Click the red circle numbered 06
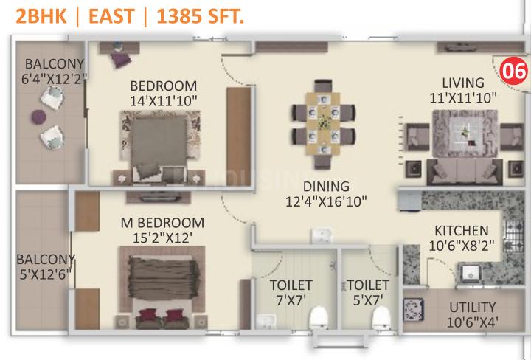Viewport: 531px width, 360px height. coord(513,71)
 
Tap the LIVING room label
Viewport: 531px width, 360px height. coord(463,83)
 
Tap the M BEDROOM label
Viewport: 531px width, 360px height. coord(162,223)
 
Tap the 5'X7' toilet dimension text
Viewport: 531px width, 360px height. coord(368,300)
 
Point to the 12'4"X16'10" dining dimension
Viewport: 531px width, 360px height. coord(326,201)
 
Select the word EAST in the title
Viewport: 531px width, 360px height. coord(113,16)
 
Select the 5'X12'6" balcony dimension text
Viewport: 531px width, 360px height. coord(46,274)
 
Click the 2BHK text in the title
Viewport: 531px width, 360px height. coord(41,16)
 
